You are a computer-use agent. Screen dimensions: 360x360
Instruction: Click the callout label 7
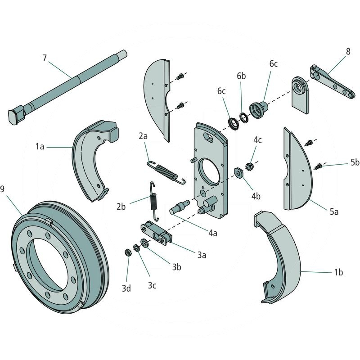pos(45,58)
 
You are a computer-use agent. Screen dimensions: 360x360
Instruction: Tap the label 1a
pos(40,146)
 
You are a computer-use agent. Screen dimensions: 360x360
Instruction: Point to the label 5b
pos(355,162)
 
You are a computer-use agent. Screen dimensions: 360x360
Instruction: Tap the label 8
pos(348,51)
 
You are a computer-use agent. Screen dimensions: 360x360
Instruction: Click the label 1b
pos(338,273)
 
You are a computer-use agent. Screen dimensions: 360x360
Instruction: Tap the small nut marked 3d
pos(127,252)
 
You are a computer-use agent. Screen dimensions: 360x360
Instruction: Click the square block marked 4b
pos(238,171)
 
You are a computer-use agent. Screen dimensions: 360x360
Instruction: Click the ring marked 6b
pos(243,118)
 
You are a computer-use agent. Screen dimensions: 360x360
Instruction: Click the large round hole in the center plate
pos(208,172)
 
